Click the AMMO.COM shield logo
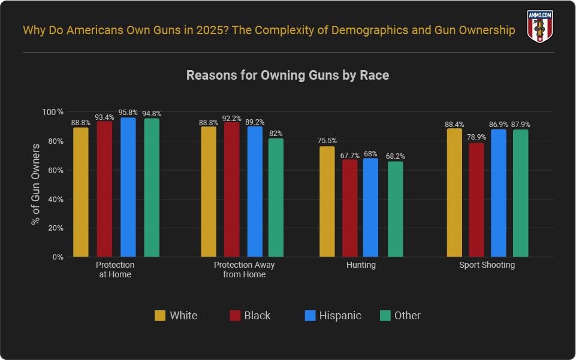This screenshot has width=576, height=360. pyautogui.click(x=539, y=27)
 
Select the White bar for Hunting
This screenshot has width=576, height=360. pyautogui.click(x=327, y=201)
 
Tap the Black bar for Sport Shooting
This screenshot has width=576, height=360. pyautogui.click(x=477, y=199)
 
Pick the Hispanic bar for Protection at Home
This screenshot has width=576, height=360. pyautogui.click(x=128, y=187)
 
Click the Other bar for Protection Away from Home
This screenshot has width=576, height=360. pyautogui.click(x=276, y=198)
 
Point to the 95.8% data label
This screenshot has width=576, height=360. pyautogui.click(x=128, y=112)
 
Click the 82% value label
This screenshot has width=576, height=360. pyautogui.click(x=276, y=134)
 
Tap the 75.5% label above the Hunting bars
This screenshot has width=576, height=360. pyautogui.click(x=327, y=141)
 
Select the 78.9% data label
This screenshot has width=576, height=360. pyautogui.click(x=477, y=137)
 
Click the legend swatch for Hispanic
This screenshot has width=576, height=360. pyautogui.click(x=310, y=316)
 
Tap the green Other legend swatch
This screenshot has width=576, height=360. pyautogui.click(x=385, y=316)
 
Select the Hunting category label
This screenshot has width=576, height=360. pyautogui.click(x=361, y=265)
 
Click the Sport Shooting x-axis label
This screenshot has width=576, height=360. pyautogui.click(x=487, y=265)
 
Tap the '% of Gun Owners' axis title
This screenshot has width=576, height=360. pyautogui.click(x=35, y=184)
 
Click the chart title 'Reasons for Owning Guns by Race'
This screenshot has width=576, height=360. pyautogui.click(x=288, y=75)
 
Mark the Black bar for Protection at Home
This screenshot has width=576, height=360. pyautogui.click(x=104, y=189)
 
